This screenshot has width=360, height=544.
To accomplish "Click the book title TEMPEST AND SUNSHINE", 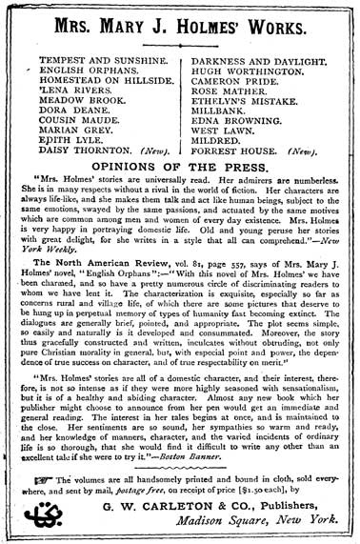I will pos(91,58).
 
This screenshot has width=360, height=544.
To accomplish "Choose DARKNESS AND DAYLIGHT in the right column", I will pos(257,58).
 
